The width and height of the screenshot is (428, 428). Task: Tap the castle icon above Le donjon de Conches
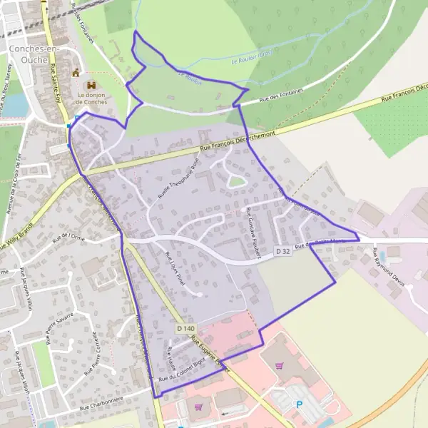pos(76,72)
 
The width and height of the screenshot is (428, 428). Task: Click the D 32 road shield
pos(284,251)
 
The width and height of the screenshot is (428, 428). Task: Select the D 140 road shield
pos(185,328)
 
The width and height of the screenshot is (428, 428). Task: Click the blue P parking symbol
pos(299,404)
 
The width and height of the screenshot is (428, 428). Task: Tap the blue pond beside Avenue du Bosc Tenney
pos(18,105)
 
